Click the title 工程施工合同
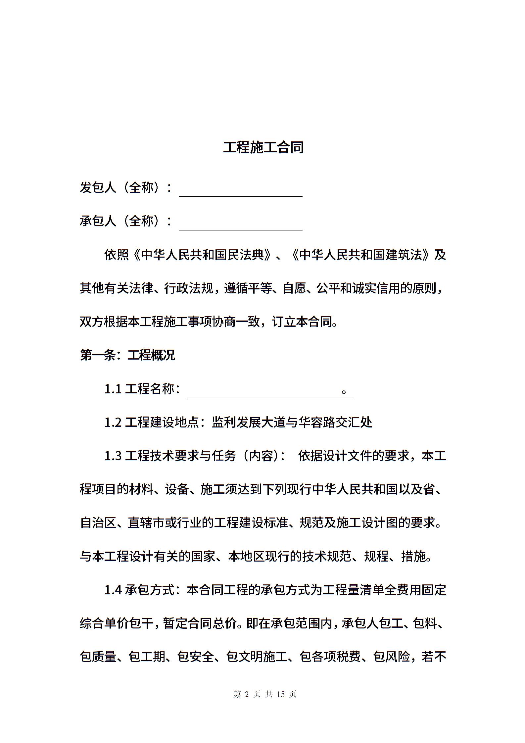coord(263,148)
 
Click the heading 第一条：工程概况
coord(127,355)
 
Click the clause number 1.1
coord(113,389)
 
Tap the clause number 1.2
coord(113,422)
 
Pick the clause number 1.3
coord(113,456)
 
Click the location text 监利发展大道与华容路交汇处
coord(292,422)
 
